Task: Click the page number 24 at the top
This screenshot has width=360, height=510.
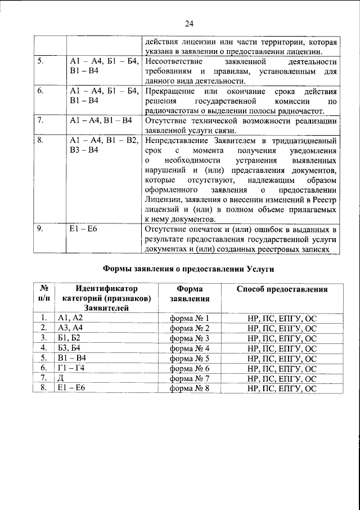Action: coord(188,23)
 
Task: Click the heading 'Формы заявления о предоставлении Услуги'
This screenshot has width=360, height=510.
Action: coord(188,269)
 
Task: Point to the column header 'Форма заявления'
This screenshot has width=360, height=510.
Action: coord(189,294)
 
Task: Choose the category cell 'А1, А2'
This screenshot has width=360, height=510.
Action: coord(70,318)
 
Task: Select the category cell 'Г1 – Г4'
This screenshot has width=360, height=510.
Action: coord(70,368)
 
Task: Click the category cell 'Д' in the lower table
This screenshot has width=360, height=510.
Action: coord(61,378)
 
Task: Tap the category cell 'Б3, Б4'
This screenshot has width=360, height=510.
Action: coord(70,348)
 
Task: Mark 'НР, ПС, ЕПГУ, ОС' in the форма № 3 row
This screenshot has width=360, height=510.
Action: coord(282,338)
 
